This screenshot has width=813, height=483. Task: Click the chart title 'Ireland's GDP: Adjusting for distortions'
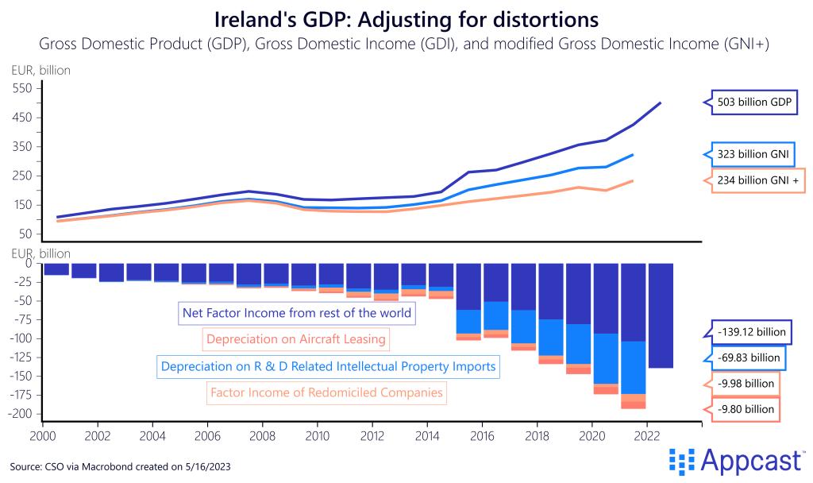406,17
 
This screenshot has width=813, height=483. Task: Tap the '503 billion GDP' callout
749,102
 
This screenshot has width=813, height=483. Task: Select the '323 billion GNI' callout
749,154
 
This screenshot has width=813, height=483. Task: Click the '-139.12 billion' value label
744,332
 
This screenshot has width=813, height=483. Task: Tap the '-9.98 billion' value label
745,384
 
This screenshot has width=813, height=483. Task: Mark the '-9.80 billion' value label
745,409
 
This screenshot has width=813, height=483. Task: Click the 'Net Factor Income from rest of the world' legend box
297,312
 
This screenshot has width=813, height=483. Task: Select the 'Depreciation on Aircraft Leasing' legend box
295,339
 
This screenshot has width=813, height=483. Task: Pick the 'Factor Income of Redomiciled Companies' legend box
326,392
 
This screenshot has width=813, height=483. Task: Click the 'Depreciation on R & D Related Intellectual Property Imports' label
328,366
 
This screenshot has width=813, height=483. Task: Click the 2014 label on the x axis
427,435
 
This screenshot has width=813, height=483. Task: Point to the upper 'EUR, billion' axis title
40,70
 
